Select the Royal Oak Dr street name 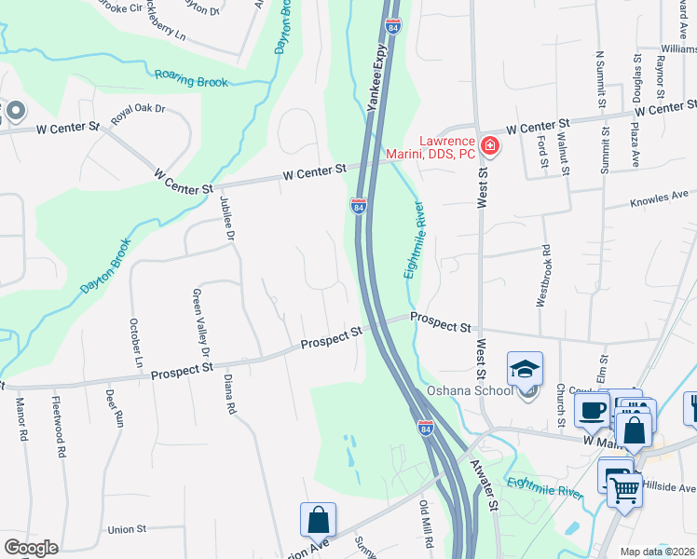138,115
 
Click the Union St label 128,529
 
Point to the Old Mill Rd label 428,525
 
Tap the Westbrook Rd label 541,277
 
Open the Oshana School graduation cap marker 525,369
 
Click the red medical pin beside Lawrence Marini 489,146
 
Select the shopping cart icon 625,487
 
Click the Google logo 31,548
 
